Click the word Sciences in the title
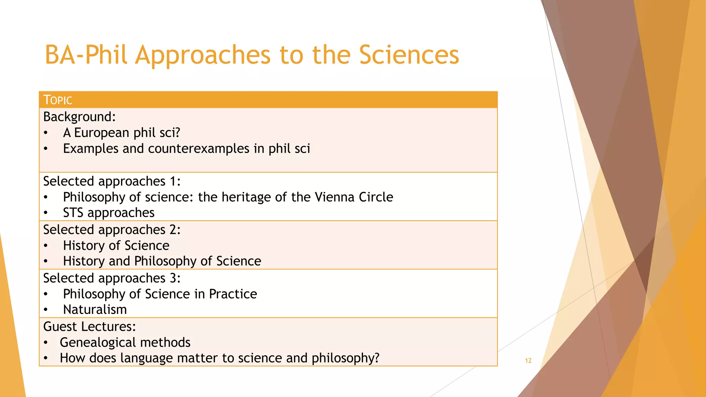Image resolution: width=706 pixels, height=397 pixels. [x=409, y=55]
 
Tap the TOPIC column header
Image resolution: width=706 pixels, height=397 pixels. [x=58, y=100]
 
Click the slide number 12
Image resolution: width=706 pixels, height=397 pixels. [x=528, y=360]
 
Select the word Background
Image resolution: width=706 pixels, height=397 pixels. [x=79, y=117]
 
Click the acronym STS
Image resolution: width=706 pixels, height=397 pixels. [x=73, y=213]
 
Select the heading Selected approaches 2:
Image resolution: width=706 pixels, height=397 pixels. [x=112, y=230]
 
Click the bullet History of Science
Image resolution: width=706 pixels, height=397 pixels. [x=116, y=246]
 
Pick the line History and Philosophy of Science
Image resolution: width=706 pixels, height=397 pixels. [x=162, y=261]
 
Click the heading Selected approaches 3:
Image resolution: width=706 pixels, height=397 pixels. [x=112, y=278]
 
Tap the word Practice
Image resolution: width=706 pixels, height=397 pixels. [x=233, y=294]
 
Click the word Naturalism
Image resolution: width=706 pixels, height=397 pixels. [x=95, y=309]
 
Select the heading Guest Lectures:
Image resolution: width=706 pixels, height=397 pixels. [x=90, y=327]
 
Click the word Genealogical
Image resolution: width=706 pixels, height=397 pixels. [x=98, y=343]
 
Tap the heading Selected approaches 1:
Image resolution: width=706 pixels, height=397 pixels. [x=112, y=181]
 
